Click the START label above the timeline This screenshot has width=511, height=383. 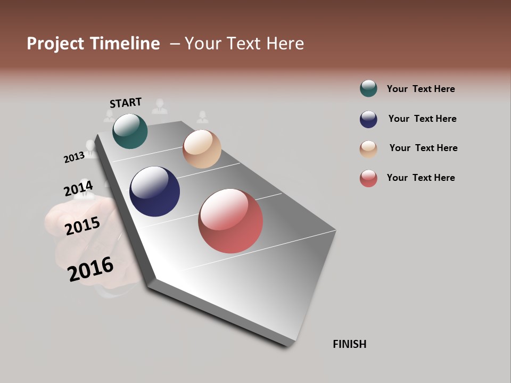[x=126, y=103]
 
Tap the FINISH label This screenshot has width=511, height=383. [x=350, y=344]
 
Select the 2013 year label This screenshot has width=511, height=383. [x=74, y=157]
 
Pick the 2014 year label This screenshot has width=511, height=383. [x=78, y=189]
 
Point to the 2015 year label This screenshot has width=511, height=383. [x=83, y=226]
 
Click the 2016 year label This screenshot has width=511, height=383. [x=90, y=269]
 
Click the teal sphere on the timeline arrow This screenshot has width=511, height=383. [x=130, y=131]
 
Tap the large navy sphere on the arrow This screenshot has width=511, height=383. [x=154, y=191]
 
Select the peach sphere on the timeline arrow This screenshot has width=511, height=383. [x=202, y=149]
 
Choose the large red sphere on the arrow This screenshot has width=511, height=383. [x=230, y=221]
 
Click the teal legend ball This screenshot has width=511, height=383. [x=368, y=88]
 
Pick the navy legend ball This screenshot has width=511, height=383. [x=368, y=119]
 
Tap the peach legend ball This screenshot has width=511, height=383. [x=368, y=149]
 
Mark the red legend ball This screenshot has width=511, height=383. [x=368, y=178]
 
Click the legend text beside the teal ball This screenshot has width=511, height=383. [x=421, y=89]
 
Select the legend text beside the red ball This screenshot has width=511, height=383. [x=421, y=178]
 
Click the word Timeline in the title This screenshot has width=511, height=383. [x=125, y=44]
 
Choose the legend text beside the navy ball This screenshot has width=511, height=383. [x=422, y=119]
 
